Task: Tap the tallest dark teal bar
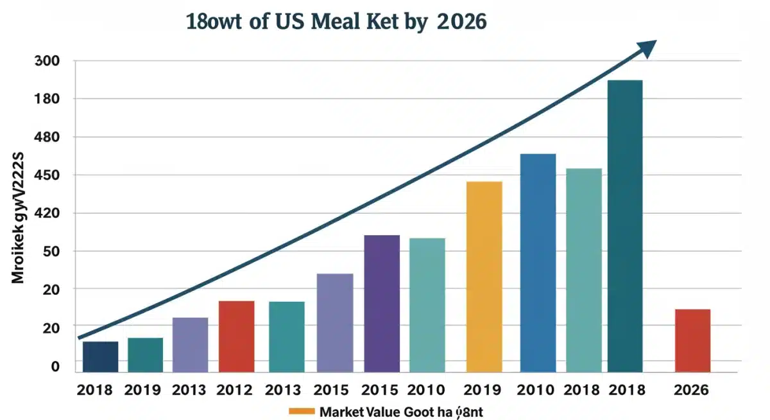pos(625,226)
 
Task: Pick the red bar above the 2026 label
pos(692,340)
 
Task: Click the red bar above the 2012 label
pos(236,336)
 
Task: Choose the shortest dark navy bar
pos(100,356)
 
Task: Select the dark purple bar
pos(382,303)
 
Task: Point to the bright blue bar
pos(538,263)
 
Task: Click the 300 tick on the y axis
pos(47,62)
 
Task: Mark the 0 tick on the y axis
pos(55,367)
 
